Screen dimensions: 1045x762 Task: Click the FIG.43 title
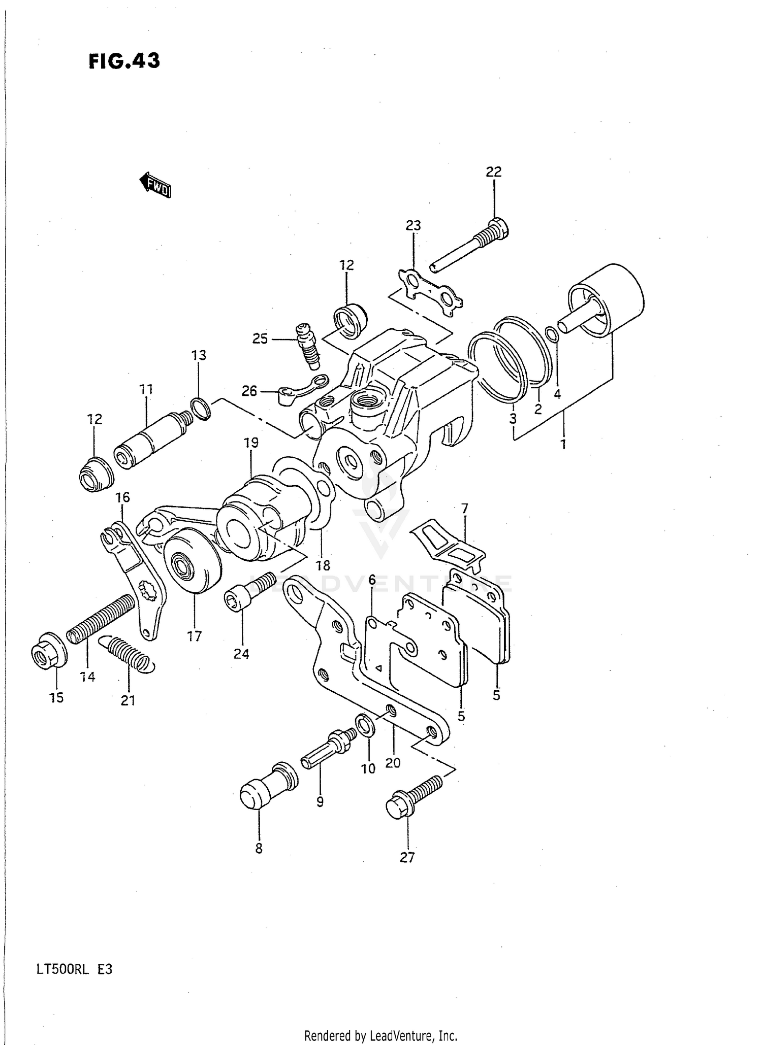click(x=124, y=61)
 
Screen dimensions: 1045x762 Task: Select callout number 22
click(x=493, y=172)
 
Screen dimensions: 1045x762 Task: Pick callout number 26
click(x=249, y=391)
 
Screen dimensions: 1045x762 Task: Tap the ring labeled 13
click(x=201, y=409)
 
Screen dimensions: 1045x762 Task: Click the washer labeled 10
click(x=366, y=724)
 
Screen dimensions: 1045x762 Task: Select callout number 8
click(x=259, y=848)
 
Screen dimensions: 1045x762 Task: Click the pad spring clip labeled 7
click(x=447, y=544)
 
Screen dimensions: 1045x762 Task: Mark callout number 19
click(x=251, y=443)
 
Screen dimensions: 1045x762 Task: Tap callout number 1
click(x=563, y=444)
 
